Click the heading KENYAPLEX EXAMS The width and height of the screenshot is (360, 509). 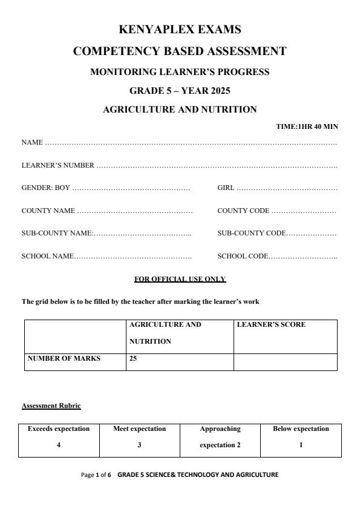[180, 29]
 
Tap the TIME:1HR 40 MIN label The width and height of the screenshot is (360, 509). [307, 126]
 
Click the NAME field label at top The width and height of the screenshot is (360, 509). [32, 143]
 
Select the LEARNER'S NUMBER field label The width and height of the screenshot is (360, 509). [57, 165]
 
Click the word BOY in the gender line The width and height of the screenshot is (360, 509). [62, 188]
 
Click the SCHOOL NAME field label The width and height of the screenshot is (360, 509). [48, 257]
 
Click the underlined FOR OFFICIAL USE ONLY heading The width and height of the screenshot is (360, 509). [180, 279]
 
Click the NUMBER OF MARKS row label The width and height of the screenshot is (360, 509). [64, 358]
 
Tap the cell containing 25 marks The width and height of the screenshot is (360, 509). [133, 358]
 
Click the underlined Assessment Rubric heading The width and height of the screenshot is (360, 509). [51, 406]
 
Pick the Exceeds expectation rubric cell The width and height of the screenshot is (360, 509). [59, 429]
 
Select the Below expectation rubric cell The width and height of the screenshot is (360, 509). [301, 429]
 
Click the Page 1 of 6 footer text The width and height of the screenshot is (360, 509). [96, 475]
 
